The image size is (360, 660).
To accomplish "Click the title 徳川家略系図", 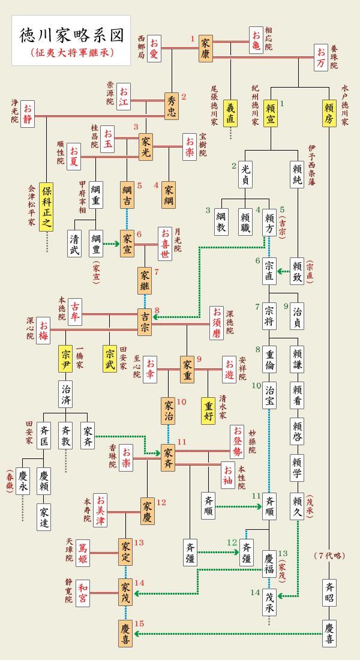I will point(71,35).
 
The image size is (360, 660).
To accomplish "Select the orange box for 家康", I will point(206,49).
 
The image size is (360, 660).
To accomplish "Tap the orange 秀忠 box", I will point(173,106).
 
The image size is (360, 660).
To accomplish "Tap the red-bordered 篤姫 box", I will point(83,551).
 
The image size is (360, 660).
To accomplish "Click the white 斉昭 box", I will point(329,592).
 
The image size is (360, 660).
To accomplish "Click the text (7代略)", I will point(329,556).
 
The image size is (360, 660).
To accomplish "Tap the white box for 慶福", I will point(269,563).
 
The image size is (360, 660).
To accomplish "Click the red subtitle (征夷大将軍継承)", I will point(71,53).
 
